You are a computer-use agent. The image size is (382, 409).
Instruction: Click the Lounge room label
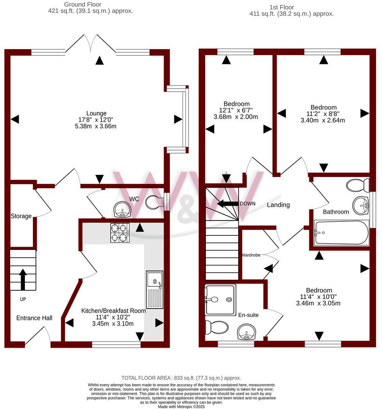coord(96,114)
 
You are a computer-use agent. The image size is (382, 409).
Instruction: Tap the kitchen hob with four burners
coord(120,233)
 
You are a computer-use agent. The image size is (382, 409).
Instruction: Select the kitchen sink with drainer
coord(154,290)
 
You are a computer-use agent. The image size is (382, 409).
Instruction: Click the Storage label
coord(21,216)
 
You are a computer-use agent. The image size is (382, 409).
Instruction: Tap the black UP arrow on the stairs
coord(23,279)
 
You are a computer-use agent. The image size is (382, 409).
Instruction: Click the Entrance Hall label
coord(34,318)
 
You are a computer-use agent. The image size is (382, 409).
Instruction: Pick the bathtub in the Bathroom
coord(341,233)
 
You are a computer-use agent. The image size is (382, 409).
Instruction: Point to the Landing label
coord(278,204)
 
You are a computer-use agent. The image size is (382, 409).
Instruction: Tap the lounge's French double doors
coord(90,44)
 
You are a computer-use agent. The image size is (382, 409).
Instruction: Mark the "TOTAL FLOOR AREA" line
coord(181,378)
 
